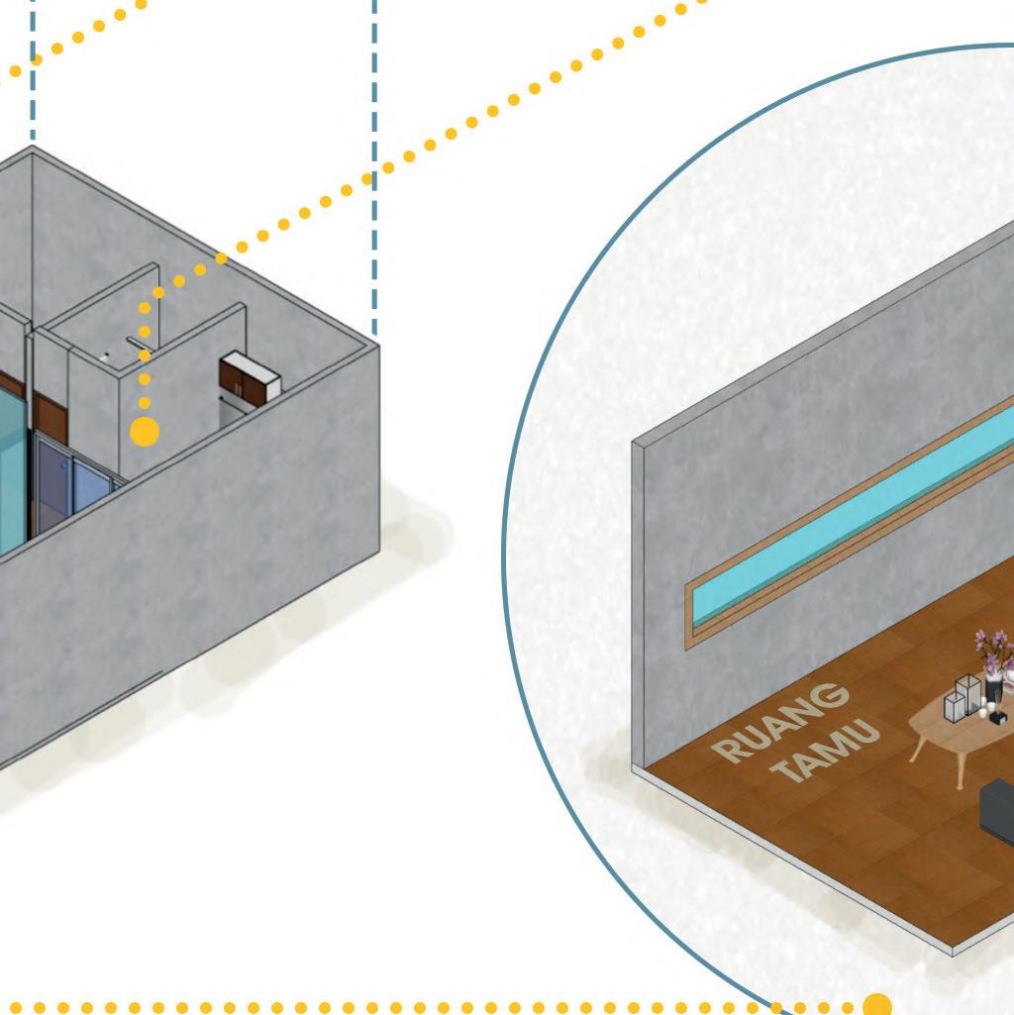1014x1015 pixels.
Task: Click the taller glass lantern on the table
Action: tap(967, 693)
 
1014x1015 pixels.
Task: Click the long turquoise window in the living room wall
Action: tap(852, 516)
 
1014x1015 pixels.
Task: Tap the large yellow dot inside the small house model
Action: tap(145, 432)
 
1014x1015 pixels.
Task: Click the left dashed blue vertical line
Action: tap(33, 69)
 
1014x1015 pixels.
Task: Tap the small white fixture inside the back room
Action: tap(105, 355)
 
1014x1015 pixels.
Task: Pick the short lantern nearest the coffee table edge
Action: tap(955, 707)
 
